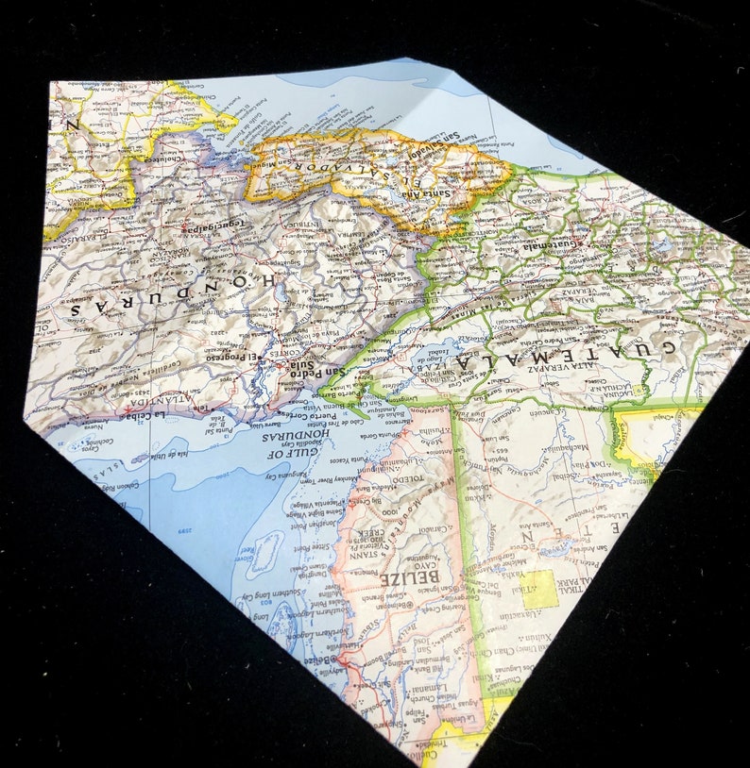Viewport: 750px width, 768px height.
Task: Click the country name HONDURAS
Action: (169, 292)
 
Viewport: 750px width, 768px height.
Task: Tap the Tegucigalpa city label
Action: (213, 226)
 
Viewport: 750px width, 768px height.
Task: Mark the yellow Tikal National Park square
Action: (540, 589)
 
